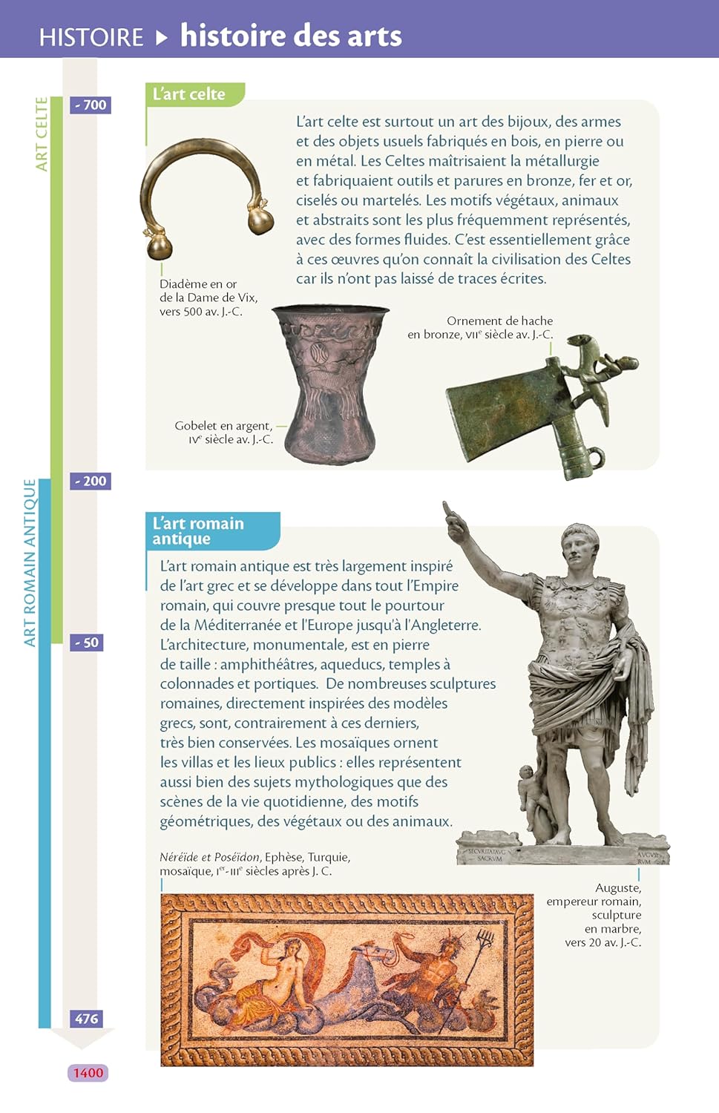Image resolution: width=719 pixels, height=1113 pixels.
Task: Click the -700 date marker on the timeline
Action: [91, 105]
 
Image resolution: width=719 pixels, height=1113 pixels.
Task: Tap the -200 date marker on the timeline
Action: [91, 481]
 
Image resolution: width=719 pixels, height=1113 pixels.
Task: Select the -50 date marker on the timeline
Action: [88, 643]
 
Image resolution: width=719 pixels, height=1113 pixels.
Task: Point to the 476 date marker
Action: [87, 1019]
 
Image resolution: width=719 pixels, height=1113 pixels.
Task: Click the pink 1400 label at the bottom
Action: [88, 1073]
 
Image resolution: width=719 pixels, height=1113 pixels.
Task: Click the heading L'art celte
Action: [189, 94]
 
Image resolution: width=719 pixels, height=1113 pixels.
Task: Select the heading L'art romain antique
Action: [198, 531]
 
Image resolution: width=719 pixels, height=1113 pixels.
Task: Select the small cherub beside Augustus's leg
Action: [531, 798]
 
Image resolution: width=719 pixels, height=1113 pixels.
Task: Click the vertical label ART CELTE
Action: [42, 134]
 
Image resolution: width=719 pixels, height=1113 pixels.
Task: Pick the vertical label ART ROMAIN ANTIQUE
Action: [30, 562]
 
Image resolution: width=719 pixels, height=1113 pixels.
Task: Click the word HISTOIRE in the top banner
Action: [91, 36]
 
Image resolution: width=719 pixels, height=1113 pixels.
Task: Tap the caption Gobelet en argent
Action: [223, 426]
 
